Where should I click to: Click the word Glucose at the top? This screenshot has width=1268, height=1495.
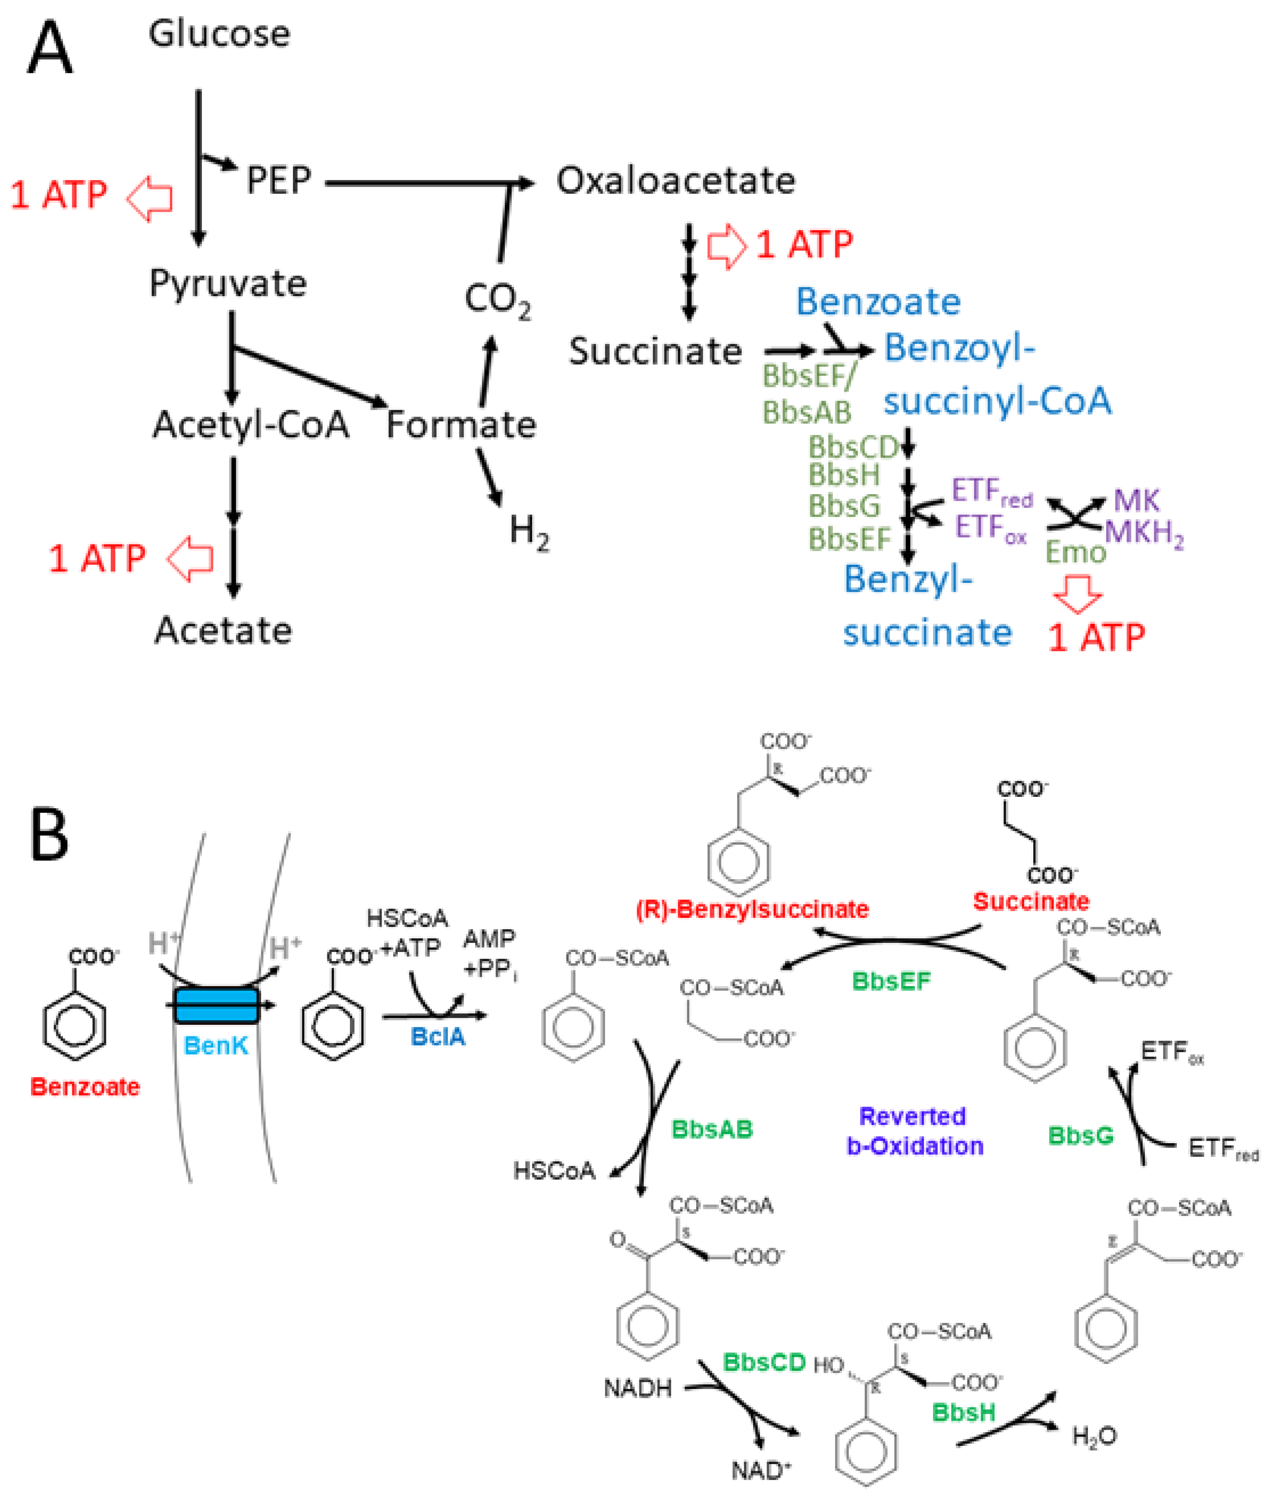[x=219, y=34]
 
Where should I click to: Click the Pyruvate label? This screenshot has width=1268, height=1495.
[x=228, y=283]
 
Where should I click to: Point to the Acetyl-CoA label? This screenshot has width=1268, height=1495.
[x=250, y=425]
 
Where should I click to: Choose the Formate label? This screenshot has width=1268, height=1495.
[x=461, y=425]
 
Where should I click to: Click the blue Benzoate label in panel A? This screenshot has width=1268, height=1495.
[x=878, y=302]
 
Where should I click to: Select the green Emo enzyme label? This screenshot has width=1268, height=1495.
[x=1074, y=552]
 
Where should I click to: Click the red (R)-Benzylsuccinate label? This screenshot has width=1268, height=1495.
[x=752, y=909]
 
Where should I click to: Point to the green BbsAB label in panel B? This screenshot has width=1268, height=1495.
[x=711, y=1129]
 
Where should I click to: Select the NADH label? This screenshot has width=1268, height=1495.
[x=637, y=1389]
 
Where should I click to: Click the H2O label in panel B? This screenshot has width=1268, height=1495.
[x=1094, y=1437]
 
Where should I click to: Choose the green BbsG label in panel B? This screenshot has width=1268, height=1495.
[x=1080, y=1136]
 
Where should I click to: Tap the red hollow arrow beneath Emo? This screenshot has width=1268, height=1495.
[x=1077, y=594]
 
